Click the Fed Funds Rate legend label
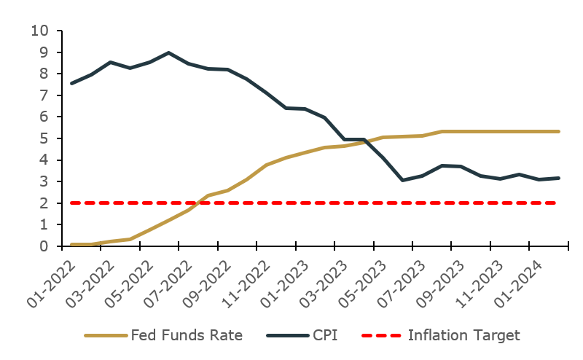point(186,335)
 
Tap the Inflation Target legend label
point(464,335)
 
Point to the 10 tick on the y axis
point(40,31)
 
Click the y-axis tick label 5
point(45,138)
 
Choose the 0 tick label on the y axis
point(45,246)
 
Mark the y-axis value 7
point(45,95)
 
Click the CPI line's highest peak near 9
point(168,52)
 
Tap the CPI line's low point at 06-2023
point(403,180)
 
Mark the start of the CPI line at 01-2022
point(71,83)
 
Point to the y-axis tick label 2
point(45,203)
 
